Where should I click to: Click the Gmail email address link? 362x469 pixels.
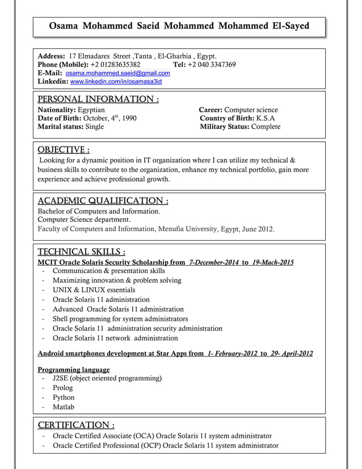[118, 73]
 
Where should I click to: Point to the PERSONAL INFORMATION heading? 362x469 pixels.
[98, 99]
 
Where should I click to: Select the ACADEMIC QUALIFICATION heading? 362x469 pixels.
[103, 200]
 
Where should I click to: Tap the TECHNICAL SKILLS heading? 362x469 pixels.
[81, 252]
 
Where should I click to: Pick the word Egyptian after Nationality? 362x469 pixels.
[94, 110]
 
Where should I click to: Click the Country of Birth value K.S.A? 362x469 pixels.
[266, 118]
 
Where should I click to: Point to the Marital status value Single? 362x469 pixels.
[94, 127]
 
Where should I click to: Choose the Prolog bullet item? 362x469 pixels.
[62, 388]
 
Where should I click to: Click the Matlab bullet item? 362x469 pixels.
[63, 407]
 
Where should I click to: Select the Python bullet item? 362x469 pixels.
[64, 397]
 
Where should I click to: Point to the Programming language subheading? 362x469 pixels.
[73, 370]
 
